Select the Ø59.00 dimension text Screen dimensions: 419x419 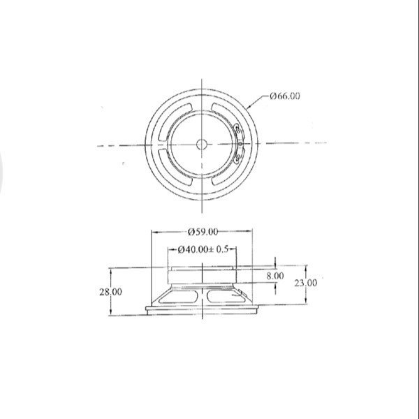tap(203, 231)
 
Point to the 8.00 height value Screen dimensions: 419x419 tap(275, 276)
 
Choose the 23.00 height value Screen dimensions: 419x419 tap(304, 283)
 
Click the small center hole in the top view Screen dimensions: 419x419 tap(202, 145)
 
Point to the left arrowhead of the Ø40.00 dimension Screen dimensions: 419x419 tap(170, 249)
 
